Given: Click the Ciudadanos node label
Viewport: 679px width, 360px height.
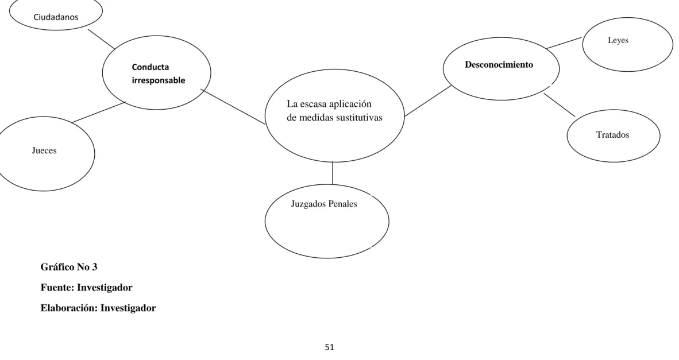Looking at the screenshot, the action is [56, 17].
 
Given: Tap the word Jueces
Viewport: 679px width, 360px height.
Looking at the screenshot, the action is [44, 150].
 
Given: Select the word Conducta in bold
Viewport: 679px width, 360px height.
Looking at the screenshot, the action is [151, 67].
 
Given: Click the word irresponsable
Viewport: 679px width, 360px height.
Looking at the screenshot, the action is [159, 80].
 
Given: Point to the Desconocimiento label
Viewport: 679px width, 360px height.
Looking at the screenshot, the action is [499, 64].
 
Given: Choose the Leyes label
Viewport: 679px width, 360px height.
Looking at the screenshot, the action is [618, 40].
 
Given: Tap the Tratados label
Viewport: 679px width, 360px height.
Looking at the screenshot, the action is [612, 134].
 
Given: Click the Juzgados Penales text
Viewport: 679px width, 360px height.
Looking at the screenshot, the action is [324, 204].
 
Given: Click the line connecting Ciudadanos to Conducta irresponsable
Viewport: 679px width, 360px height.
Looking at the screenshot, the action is [101, 40].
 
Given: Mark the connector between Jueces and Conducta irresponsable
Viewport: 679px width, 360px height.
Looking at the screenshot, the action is [99, 112].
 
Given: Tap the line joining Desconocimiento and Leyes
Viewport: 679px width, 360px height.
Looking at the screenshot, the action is [564, 43].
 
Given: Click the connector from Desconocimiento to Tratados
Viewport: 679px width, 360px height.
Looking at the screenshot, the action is [559, 104].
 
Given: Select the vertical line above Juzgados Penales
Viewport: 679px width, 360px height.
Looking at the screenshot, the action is [333, 173].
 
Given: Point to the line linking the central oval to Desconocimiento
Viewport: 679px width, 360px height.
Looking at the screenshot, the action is [428, 101].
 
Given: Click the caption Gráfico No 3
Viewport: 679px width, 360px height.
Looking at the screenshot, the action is [69, 267].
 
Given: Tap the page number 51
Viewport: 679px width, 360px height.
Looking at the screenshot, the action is [330, 347].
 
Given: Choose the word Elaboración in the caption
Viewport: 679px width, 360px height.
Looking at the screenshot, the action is [70, 308].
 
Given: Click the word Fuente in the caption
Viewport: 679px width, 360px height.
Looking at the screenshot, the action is [56, 288].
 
